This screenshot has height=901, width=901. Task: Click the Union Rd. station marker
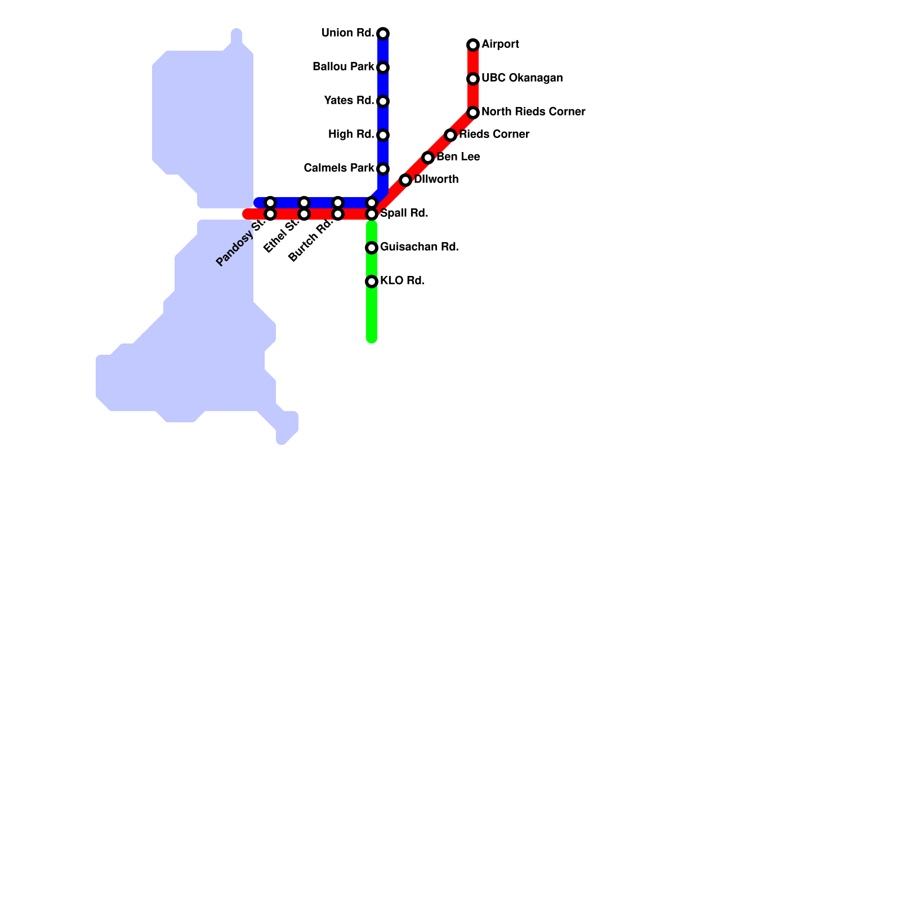point(383,34)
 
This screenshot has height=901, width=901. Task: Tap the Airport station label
point(500,44)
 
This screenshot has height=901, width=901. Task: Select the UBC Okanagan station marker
point(473,79)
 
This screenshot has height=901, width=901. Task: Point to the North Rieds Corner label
point(533,112)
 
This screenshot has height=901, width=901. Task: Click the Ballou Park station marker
point(383,68)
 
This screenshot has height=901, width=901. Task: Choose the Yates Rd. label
point(349,101)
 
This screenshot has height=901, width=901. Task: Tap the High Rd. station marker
point(383,135)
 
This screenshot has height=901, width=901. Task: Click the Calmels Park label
point(338,168)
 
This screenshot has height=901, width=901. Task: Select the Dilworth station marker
point(405,180)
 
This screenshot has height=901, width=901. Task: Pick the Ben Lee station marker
point(428,158)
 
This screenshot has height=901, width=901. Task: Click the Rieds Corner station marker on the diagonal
point(450,135)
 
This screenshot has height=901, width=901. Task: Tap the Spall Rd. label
point(404,213)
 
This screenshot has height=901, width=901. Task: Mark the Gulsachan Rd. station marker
point(372,248)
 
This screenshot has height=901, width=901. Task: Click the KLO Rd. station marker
point(372,282)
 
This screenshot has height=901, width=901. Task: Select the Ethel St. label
point(281,236)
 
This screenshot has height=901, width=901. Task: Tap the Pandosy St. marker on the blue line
point(270,203)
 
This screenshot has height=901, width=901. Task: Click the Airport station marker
point(473,45)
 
